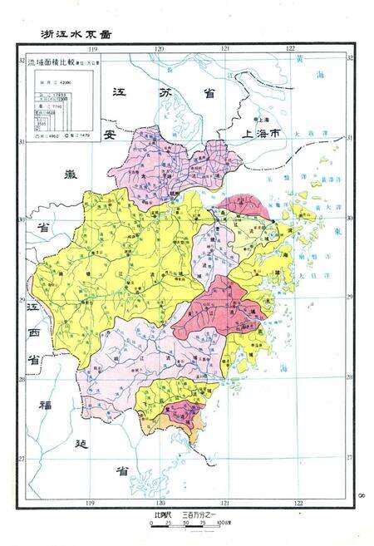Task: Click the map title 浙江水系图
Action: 76,35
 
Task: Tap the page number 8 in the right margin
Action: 364,495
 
